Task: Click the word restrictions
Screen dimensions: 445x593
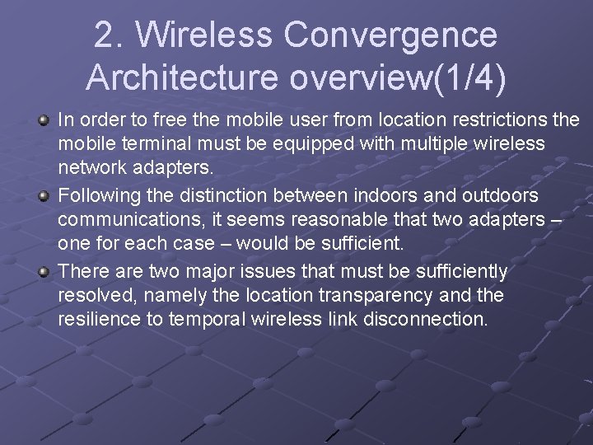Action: point(491,121)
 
